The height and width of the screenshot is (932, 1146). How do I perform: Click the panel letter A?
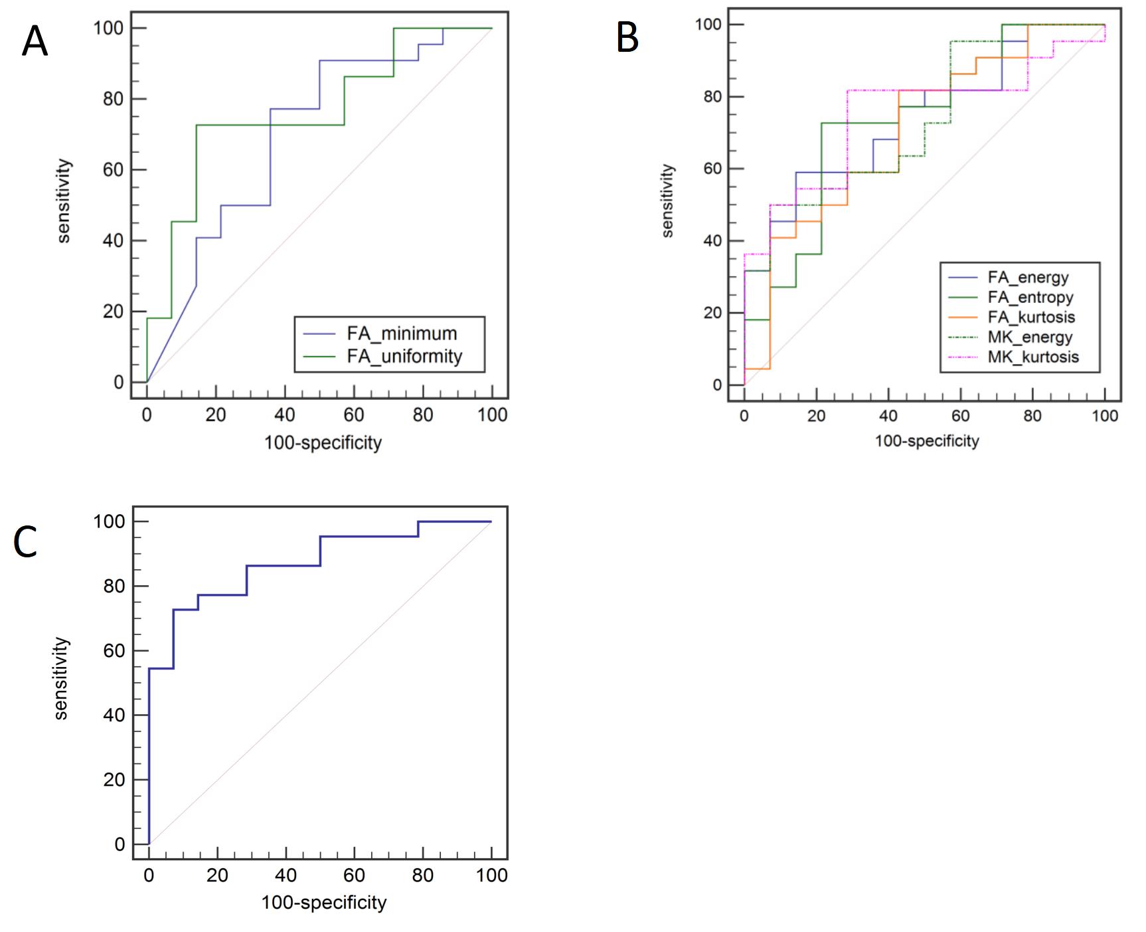click(35, 41)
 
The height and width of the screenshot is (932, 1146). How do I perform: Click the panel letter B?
click(627, 37)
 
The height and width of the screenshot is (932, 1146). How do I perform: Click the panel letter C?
click(25, 542)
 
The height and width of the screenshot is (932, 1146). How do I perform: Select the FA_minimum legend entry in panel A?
click(402, 333)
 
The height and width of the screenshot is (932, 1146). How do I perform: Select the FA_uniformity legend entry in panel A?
click(404, 356)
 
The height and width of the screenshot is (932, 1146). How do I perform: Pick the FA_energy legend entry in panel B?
click(1028, 277)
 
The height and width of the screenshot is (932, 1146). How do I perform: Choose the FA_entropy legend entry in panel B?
click(1030, 297)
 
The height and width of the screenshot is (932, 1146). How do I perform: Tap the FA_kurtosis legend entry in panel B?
click(1031, 317)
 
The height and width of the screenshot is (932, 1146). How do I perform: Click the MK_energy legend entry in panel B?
click(1030, 337)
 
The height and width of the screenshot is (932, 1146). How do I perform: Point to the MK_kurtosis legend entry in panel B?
click(1033, 357)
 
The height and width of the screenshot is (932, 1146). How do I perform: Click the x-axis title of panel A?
click(323, 443)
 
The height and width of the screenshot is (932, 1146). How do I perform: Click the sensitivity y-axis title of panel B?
click(667, 201)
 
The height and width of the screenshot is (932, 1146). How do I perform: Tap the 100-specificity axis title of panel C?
click(323, 902)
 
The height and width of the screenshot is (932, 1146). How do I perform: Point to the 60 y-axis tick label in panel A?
click(113, 169)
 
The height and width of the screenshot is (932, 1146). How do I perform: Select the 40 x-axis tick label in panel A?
click(285, 415)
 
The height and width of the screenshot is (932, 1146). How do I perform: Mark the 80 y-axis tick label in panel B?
click(712, 97)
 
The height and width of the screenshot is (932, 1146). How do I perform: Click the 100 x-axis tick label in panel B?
click(1105, 416)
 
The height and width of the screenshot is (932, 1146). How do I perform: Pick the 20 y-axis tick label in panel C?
click(114, 779)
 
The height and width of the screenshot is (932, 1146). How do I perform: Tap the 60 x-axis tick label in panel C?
click(354, 875)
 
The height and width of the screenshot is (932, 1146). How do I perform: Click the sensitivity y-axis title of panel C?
click(61, 678)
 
